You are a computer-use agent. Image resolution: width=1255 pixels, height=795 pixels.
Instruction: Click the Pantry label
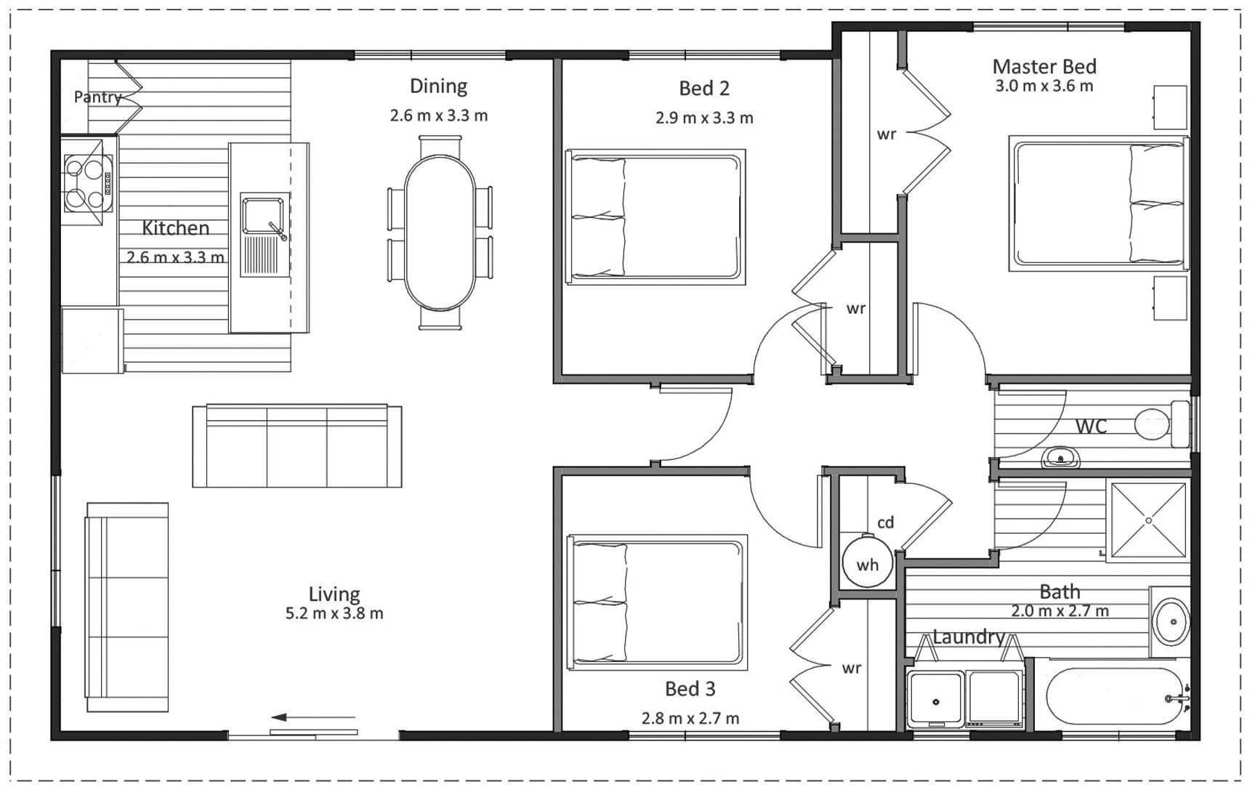click(97, 97)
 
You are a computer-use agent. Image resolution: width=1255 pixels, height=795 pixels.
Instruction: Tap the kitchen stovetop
click(88, 183)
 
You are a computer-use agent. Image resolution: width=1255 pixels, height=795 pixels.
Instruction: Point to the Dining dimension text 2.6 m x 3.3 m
click(439, 116)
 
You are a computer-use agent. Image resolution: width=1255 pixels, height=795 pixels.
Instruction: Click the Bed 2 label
click(703, 89)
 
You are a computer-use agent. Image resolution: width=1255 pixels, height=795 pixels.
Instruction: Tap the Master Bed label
click(1044, 66)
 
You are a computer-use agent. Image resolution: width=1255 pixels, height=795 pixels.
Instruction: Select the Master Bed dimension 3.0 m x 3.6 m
click(1044, 86)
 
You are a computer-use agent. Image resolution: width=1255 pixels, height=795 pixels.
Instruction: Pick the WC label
click(1091, 426)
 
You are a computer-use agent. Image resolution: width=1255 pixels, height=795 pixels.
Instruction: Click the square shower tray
click(1148, 520)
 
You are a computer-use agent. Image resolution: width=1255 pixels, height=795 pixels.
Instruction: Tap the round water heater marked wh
click(867, 562)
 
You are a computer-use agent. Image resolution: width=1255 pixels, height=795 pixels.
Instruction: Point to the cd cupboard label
click(885, 522)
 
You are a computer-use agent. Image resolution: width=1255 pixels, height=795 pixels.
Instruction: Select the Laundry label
click(969, 637)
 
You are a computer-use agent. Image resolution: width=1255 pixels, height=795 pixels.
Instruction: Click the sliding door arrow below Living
click(313, 718)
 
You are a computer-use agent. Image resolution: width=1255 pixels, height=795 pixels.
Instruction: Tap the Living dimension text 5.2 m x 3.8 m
click(334, 613)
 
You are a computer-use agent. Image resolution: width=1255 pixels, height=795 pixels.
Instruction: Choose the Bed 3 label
click(690, 689)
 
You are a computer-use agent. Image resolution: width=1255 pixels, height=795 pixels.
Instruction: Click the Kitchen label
click(175, 228)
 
